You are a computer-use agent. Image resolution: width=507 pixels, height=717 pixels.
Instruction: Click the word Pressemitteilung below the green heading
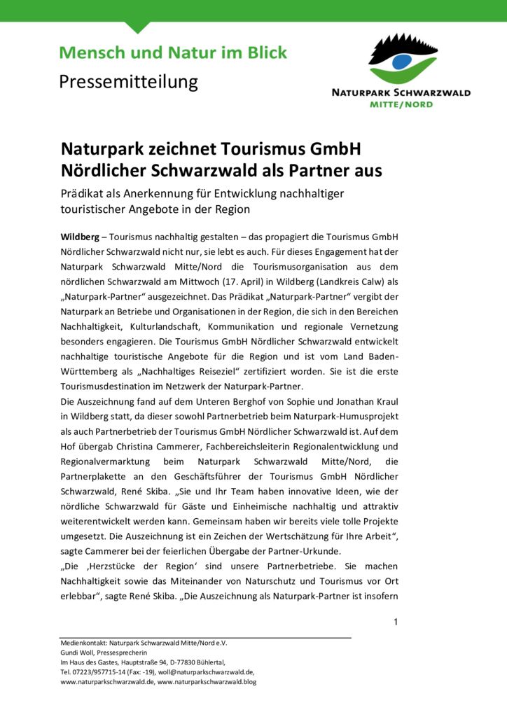[128, 82]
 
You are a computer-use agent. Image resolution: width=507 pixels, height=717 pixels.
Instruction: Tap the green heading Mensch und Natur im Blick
[173, 52]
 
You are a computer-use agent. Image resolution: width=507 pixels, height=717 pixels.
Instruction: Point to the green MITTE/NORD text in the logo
[401, 104]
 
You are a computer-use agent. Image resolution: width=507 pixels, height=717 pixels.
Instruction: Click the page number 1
[396, 622]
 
